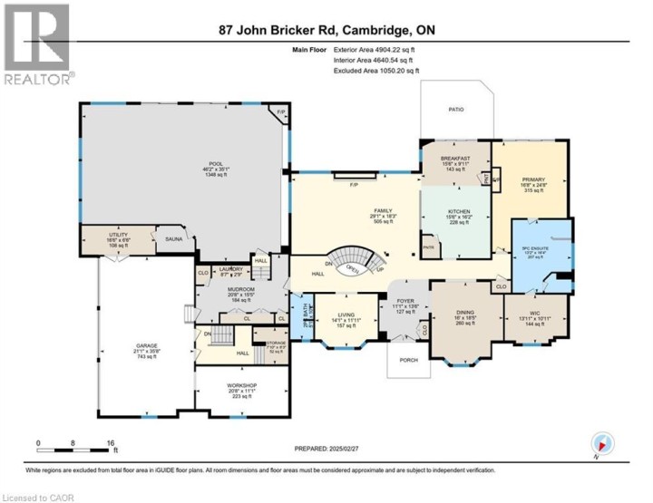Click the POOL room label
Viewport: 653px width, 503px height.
(186, 164)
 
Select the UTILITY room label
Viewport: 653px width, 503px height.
(118, 234)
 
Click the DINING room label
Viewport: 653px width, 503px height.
(464, 314)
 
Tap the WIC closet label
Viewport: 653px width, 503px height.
(533, 314)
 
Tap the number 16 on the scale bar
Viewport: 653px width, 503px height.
(111, 443)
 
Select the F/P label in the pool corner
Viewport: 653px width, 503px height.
(281, 114)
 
